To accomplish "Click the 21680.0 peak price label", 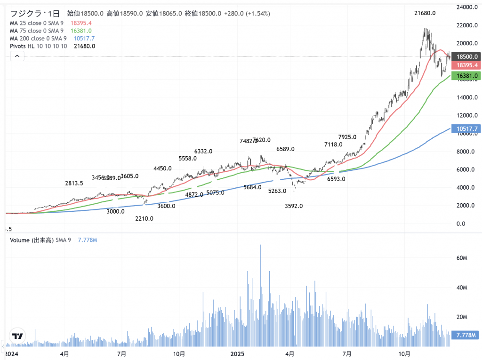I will [425, 14].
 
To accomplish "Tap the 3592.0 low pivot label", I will [294, 206].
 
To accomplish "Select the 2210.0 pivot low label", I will [144, 219].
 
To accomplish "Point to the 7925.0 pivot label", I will [347, 137].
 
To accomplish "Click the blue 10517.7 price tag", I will [465, 129].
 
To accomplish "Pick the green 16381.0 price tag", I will [465, 76].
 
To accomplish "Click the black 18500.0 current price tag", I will [465, 56].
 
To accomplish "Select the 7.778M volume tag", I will [465, 335].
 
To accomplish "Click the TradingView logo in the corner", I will [17, 336].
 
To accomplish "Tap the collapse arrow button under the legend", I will [17, 56].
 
